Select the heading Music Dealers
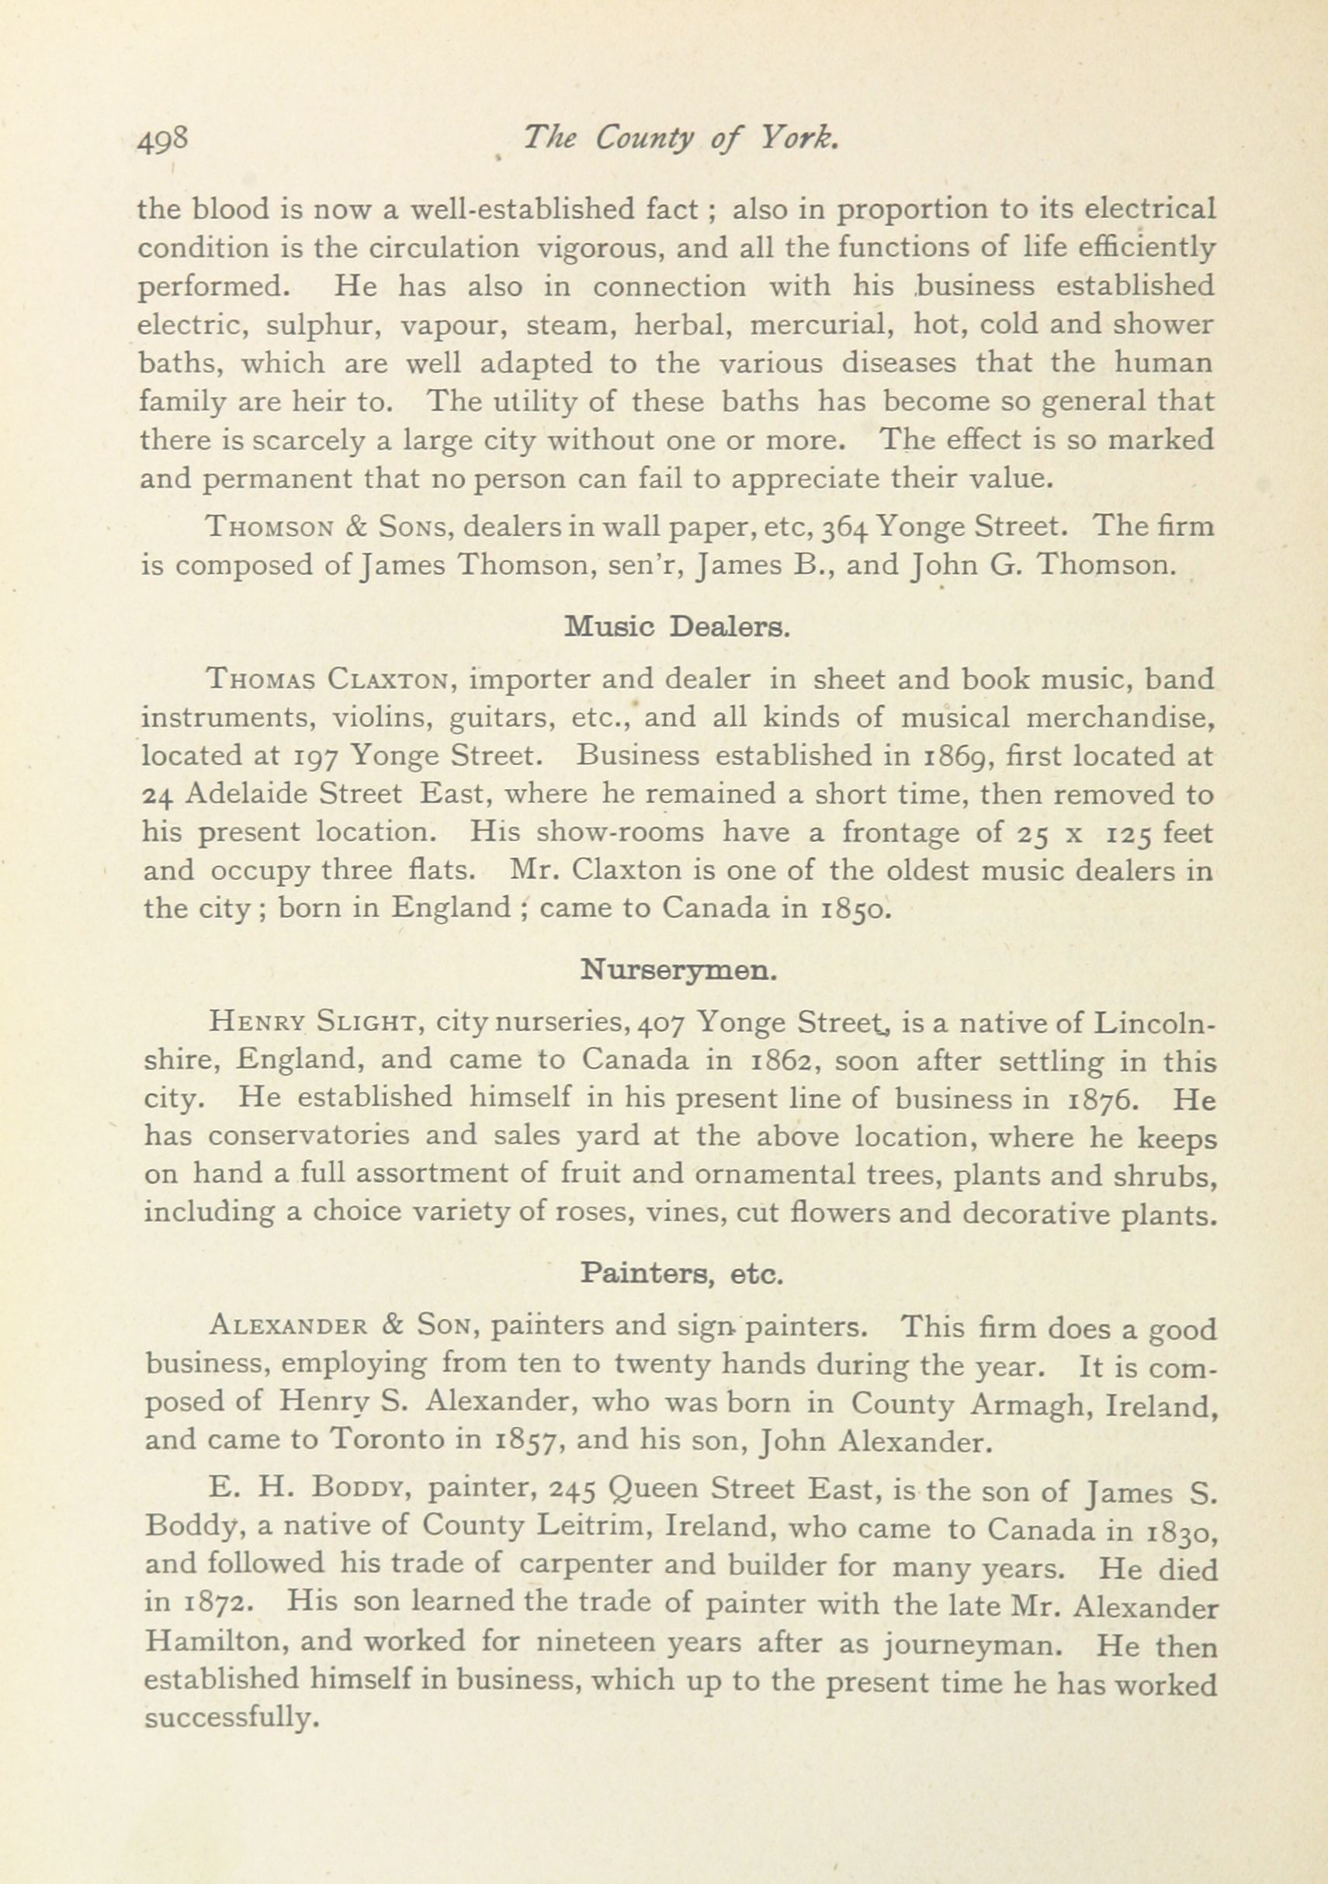677,628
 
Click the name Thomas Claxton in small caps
328,681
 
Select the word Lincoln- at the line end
1156,1023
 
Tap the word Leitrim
595,1526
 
